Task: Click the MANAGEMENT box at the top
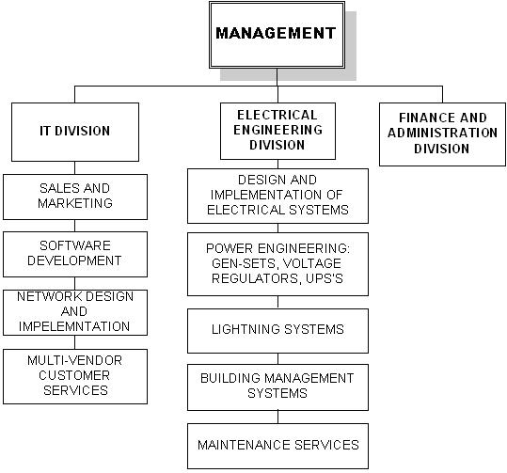pos(277,35)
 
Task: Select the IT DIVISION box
pos(75,132)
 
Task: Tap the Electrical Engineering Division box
pos(277,131)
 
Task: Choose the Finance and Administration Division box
pos(442,134)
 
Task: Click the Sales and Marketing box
pos(75,197)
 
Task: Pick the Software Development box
pos(75,254)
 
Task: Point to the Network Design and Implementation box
pos(75,312)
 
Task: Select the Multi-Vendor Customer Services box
pos(75,376)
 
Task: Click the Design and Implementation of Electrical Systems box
pos(277,196)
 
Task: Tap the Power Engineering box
pos(277,264)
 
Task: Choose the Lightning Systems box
pos(277,331)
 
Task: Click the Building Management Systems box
pos(277,387)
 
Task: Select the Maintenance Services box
pos(277,446)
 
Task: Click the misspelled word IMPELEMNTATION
pos(74,326)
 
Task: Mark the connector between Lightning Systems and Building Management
pos(277,359)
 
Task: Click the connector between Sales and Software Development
pos(75,226)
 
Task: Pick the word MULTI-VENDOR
pos(74,360)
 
